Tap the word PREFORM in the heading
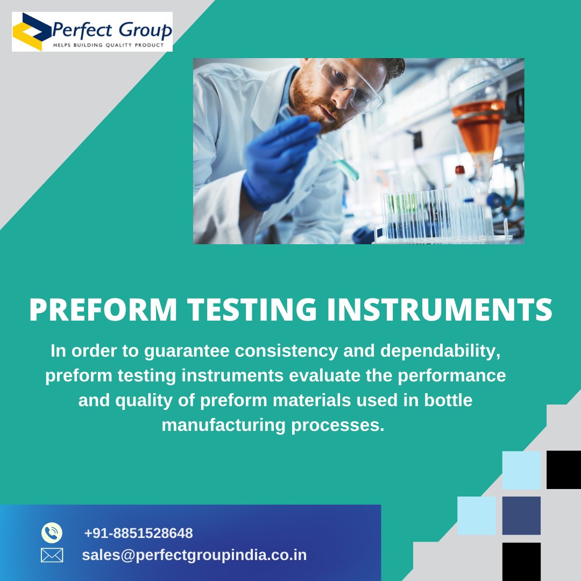[103, 310]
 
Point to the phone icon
[52, 533]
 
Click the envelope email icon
[52, 555]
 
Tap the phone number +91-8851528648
[138, 533]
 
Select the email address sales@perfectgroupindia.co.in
[194, 555]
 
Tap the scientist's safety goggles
[350, 81]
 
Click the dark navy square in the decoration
[521, 515]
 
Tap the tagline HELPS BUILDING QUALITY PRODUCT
[108, 45]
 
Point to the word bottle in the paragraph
[448, 400]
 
